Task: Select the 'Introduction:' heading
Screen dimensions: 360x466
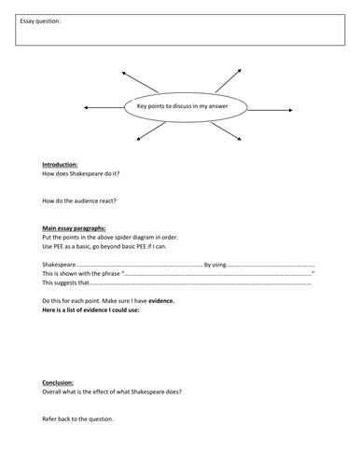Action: tap(61, 164)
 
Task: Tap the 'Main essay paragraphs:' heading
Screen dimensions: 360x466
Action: tap(74, 227)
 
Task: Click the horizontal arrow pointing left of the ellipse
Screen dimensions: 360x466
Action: tap(103, 108)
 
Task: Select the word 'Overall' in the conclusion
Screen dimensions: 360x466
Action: tap(53, 391)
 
